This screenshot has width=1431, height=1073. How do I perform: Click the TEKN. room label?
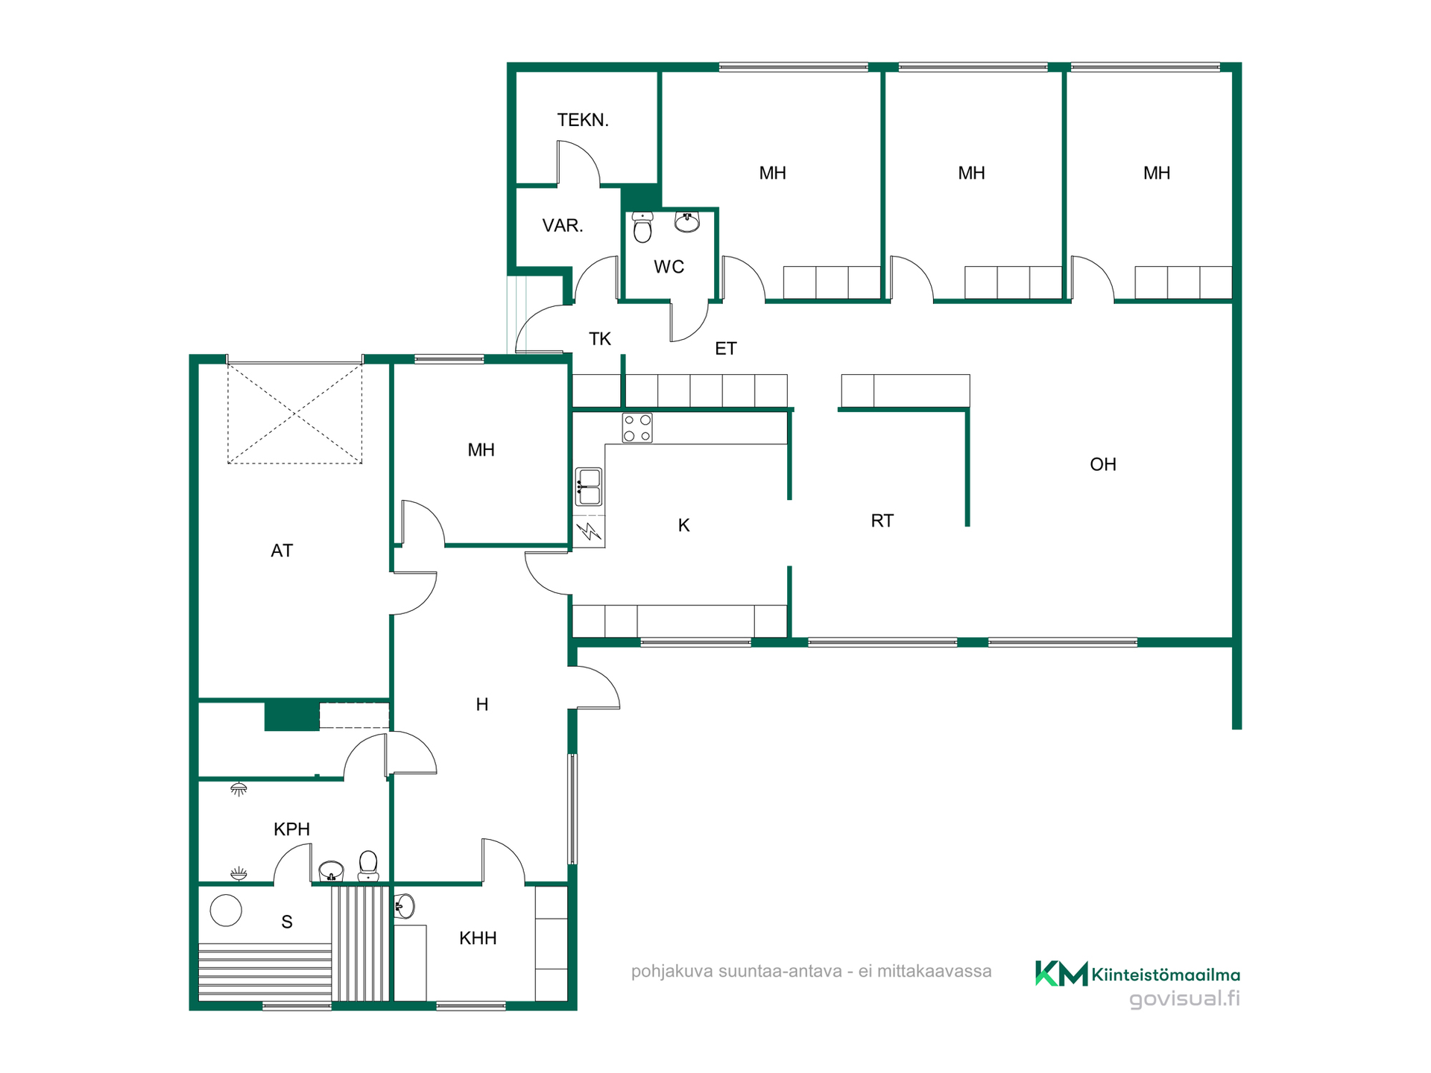point(583,120)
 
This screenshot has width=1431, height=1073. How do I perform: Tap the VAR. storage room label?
point(563,226)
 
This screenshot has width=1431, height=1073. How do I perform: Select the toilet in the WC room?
point(642,227)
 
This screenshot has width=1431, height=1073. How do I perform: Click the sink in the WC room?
point(687,222)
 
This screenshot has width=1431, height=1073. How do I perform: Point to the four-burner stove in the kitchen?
point(637,428)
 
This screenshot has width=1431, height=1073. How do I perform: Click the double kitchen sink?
point(589,487)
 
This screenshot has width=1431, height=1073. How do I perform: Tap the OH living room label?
point(1103,465)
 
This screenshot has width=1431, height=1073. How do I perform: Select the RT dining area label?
point(882,521)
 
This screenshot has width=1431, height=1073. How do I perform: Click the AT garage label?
point(282,551)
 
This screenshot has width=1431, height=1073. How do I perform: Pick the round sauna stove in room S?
point(226,911)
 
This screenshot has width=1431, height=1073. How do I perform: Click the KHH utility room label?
point(478,938)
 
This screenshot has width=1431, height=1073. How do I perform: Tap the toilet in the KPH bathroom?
point(368,866)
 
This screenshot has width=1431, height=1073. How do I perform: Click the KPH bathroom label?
point(291,829)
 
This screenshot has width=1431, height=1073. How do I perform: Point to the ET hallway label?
point(726,349)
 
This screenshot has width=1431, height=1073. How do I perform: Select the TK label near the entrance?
point(600,339)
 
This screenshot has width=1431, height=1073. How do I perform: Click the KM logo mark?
point(1061,973)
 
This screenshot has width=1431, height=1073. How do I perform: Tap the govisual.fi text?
point(1185,999)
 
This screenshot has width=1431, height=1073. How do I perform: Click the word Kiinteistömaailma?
point(1166,975)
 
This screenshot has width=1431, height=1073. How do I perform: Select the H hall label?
point(482,705)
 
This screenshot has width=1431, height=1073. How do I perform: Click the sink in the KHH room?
point(404,907)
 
